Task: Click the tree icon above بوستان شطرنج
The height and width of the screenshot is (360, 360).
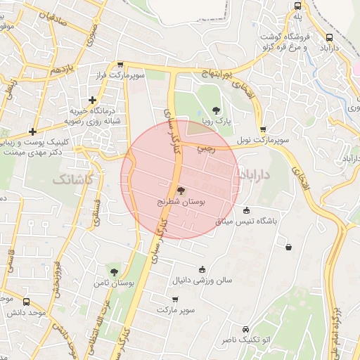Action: pyautogui.click(x=181, y=190)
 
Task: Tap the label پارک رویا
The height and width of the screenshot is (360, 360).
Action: pyautogui.click(x=218, y=121)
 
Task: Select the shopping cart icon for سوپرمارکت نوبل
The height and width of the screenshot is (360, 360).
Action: pyautogui.click(x=263, y=129)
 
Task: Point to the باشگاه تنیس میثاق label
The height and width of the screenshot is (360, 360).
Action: pyautogui.click(x=247, y=221)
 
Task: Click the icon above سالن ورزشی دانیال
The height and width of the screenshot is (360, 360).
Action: pyautogui.click(x=202, y=269)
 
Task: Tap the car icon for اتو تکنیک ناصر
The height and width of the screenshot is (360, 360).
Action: pyautogui.click(x=245, y=329)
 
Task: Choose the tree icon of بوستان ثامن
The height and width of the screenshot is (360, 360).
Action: pyautogui.click(x=114, y=271)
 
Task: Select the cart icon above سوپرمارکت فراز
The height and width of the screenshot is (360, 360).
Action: pyautogui.click(x=120, y=63)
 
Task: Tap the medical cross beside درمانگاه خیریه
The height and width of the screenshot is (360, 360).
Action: pyautogui.click(x=93, y=101)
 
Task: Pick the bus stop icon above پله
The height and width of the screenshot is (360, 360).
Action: pyautogui.click(x=297, y=5)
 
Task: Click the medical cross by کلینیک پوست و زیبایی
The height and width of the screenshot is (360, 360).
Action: pyautogui.click(x=32, y=131)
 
